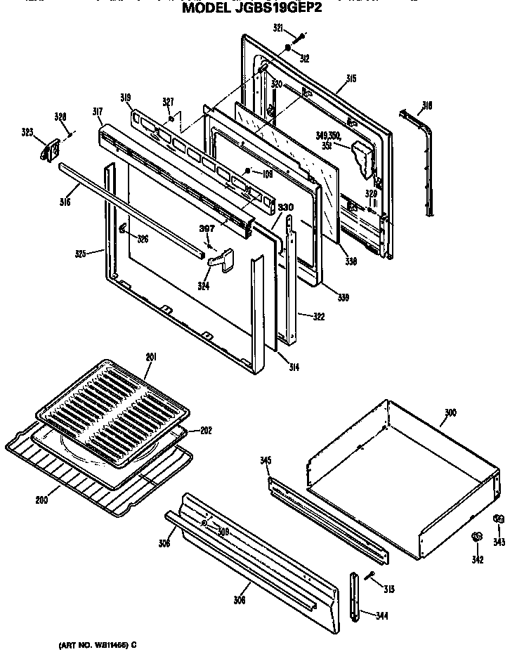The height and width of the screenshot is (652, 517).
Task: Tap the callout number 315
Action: [351, 79]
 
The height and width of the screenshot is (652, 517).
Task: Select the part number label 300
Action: [450, 412]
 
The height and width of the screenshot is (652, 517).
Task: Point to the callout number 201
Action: [150, 357]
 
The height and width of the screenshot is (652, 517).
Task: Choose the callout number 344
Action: [382, 616]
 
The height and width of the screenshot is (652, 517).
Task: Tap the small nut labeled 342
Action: [476, 537]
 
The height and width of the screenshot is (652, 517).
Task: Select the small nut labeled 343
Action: [498, 519]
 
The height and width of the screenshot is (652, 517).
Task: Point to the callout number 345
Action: [266, 460]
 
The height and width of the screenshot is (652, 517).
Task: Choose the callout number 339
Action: [343, 298]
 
